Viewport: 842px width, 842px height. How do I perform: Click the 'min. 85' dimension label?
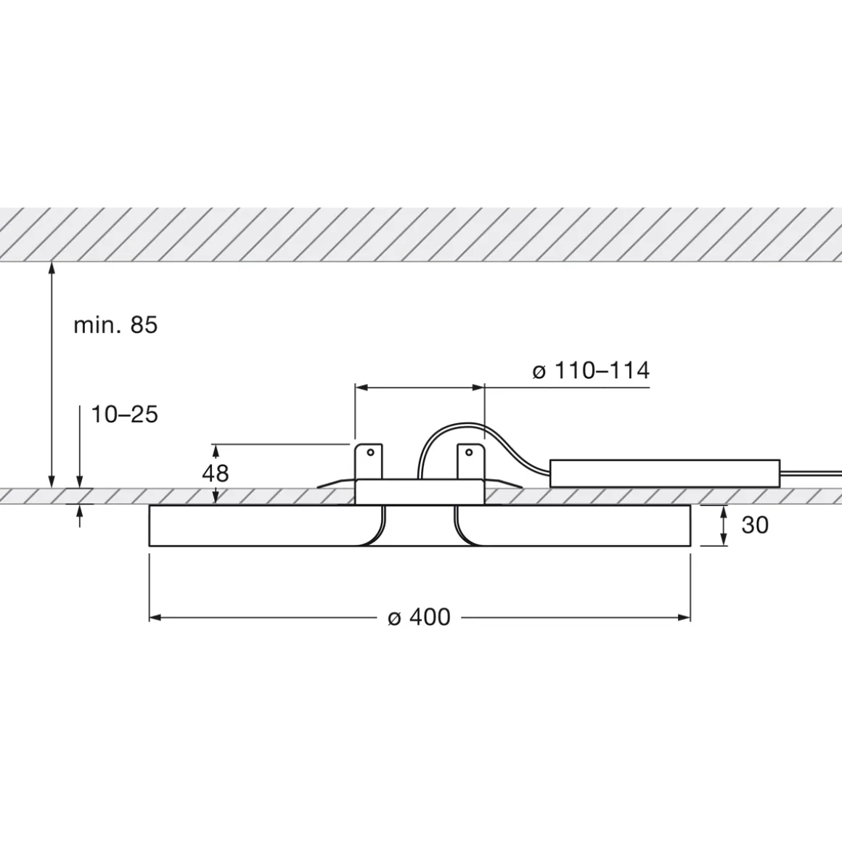click(x=115, y=325)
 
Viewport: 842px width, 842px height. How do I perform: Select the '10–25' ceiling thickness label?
click(x=124, y=414)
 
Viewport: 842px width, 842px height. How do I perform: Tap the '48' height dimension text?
click(x=215, y=473)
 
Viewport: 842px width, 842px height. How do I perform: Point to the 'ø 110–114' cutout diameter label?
click(x=590, y=371)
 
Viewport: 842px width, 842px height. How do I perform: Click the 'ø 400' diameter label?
click(x=419, y=617)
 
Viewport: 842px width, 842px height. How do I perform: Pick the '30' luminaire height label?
click(x=755, y=525)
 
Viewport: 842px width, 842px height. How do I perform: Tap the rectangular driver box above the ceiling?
click(x=664, y=473)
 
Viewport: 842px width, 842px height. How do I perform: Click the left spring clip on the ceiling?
click(x=335, y=483)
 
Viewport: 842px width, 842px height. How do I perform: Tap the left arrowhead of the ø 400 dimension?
click(x=155, y=617)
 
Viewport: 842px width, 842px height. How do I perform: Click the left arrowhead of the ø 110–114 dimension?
click(x=360, y=388)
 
